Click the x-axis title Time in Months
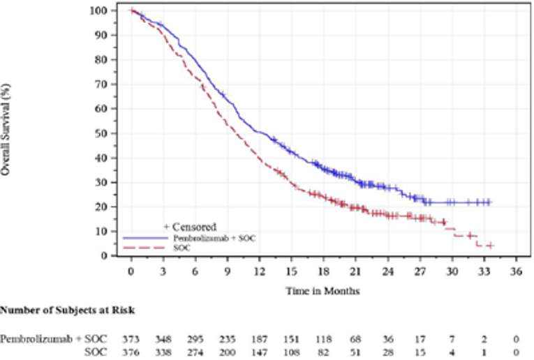(322, 291)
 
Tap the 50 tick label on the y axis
(101, 133)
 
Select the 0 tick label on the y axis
(104, 256)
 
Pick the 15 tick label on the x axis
(290, 271)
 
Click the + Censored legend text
(189, 227)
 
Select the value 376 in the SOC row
(131, 352)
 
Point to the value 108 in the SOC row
(290, 352)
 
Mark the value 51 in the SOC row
(355, 352)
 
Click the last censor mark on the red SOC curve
(491, 246)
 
